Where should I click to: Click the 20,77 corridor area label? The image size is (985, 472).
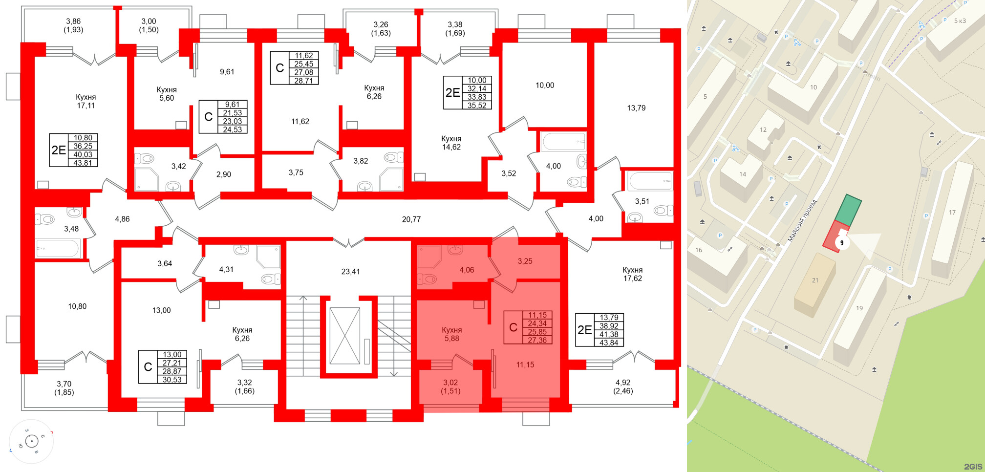coord(411,219)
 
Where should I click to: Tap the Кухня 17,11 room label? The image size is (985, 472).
coord(86,101)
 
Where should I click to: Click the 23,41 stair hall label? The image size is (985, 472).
coord(350,272)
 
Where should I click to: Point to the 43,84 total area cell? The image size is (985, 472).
coord(609,343)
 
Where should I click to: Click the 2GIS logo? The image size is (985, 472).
coord(972,466)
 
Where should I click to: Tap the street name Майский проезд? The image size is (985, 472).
coord(802,220)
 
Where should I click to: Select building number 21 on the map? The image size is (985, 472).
coord(815,280)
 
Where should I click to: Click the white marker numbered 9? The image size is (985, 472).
coord(842,242)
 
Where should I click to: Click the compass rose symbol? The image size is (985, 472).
coord(32,442)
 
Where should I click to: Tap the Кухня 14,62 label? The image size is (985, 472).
coord(451,143)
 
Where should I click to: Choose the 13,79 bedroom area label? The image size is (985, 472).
coord(636,108)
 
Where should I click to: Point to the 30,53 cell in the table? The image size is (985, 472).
coord(172,380)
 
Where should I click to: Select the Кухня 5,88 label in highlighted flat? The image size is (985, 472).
coord(451,334)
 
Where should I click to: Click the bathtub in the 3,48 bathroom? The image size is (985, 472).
coord(57,248)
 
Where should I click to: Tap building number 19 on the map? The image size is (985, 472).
coord(859,308)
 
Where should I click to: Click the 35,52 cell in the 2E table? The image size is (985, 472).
coord(477,105)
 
